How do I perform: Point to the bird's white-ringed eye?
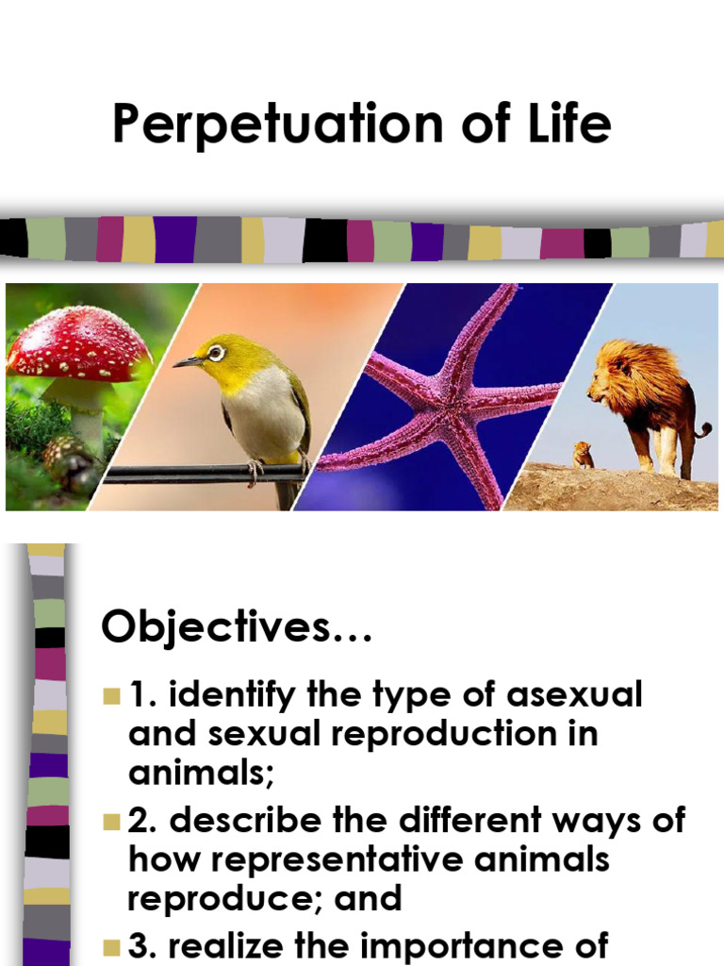(216, 353)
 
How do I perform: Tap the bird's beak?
(186, 361)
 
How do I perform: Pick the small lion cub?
(584, 455)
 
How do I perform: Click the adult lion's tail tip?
(704, 431)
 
